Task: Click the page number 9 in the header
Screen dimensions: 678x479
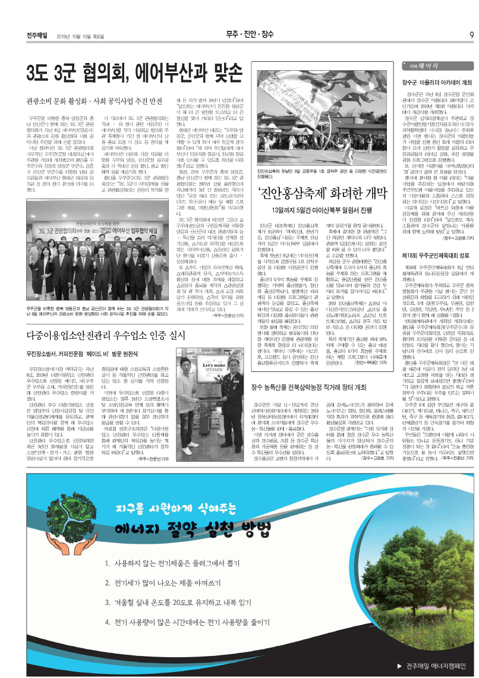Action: coord(471,34)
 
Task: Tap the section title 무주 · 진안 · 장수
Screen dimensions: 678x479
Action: coord(250,34)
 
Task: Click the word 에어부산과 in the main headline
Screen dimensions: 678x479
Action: coord(171,74)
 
